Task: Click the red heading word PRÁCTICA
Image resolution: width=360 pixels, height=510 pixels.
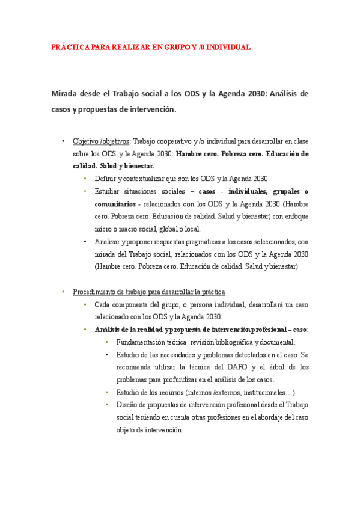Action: pyautogui.click(x=70, y=47)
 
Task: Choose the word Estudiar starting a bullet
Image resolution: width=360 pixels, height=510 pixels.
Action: pyautogui.click(x=109, y=191)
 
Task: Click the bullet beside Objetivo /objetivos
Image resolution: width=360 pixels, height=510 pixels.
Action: pyautogui.click(x=63, y=142)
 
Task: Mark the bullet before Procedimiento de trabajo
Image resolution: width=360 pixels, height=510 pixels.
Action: pyautogui.click(x=63, y=292)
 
